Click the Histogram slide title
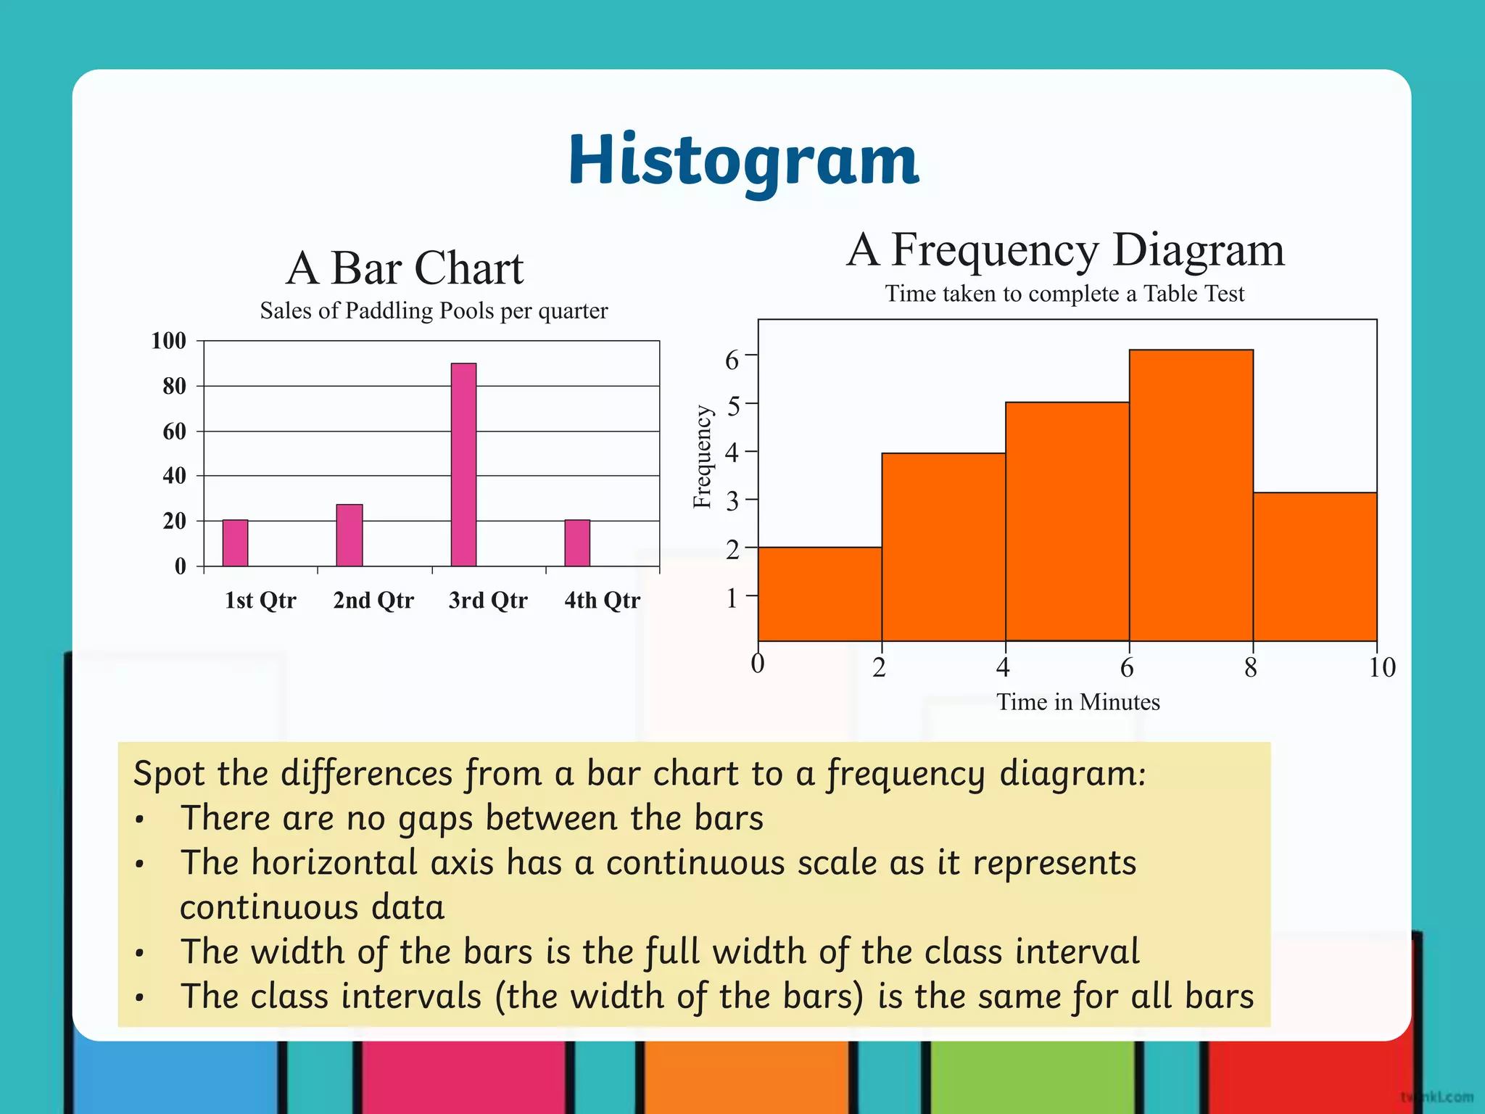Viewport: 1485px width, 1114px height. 742,161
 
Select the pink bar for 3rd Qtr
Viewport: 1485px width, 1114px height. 463,464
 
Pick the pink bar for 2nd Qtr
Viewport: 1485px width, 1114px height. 349,535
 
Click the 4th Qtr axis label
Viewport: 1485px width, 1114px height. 602,601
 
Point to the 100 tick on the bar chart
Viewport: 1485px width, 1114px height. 168,341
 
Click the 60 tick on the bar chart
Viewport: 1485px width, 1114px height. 174,432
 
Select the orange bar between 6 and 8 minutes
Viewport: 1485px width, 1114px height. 1191,495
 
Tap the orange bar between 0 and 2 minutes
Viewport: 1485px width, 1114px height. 819,594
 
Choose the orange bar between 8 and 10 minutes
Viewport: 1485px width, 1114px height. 1315,566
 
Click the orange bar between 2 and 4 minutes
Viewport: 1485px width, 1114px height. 943,547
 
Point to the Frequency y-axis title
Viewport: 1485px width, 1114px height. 702,457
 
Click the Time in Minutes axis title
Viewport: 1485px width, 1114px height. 1077,702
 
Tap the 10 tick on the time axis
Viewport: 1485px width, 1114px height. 1381,667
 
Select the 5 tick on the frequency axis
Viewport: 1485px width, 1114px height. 733,405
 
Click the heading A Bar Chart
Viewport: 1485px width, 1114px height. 404,268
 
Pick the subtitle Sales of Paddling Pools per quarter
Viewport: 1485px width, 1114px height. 434,311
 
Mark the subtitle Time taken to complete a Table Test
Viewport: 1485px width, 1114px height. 1064,294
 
